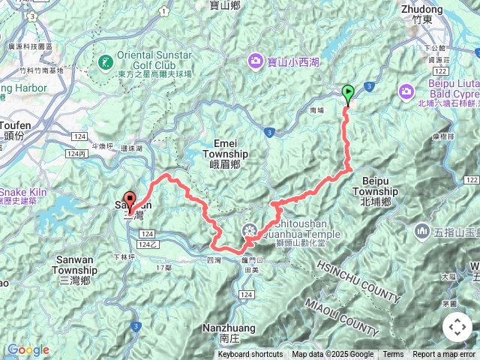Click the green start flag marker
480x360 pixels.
348,94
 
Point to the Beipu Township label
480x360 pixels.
380,186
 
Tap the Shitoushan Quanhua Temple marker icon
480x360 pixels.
250,229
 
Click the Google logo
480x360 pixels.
28,349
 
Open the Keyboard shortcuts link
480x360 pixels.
250,355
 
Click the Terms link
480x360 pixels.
393,355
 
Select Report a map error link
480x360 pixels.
444,355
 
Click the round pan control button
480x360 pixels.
457,327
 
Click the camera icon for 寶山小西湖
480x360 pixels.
256,61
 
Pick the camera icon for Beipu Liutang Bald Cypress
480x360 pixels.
406,91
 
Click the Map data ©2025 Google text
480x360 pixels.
332,355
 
